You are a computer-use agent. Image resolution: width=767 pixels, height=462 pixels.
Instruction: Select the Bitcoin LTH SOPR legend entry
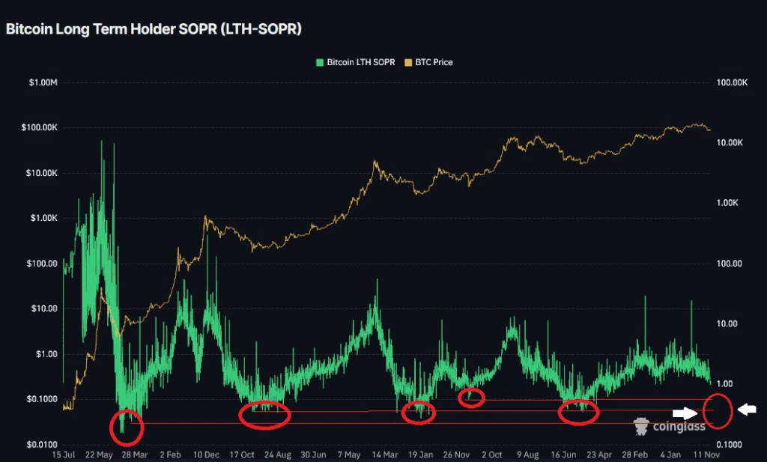click(x=357, y=62)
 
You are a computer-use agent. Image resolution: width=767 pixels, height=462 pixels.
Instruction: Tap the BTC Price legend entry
click(x=429, y=62)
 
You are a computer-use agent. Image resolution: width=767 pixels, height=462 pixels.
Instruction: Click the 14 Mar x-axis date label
click(x=385, y=455)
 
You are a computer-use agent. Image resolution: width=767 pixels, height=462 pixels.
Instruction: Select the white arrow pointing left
click(x=747, y=409)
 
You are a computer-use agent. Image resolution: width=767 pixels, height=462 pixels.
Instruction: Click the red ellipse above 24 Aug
click(x=264, y=416)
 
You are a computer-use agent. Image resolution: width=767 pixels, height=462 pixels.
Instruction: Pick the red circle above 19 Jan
click(x=418, y=413)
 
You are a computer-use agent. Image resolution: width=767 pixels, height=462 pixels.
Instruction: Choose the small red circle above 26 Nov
click(x=471, y=397)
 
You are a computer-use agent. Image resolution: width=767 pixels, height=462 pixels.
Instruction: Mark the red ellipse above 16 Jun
click(x=579, y=412)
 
